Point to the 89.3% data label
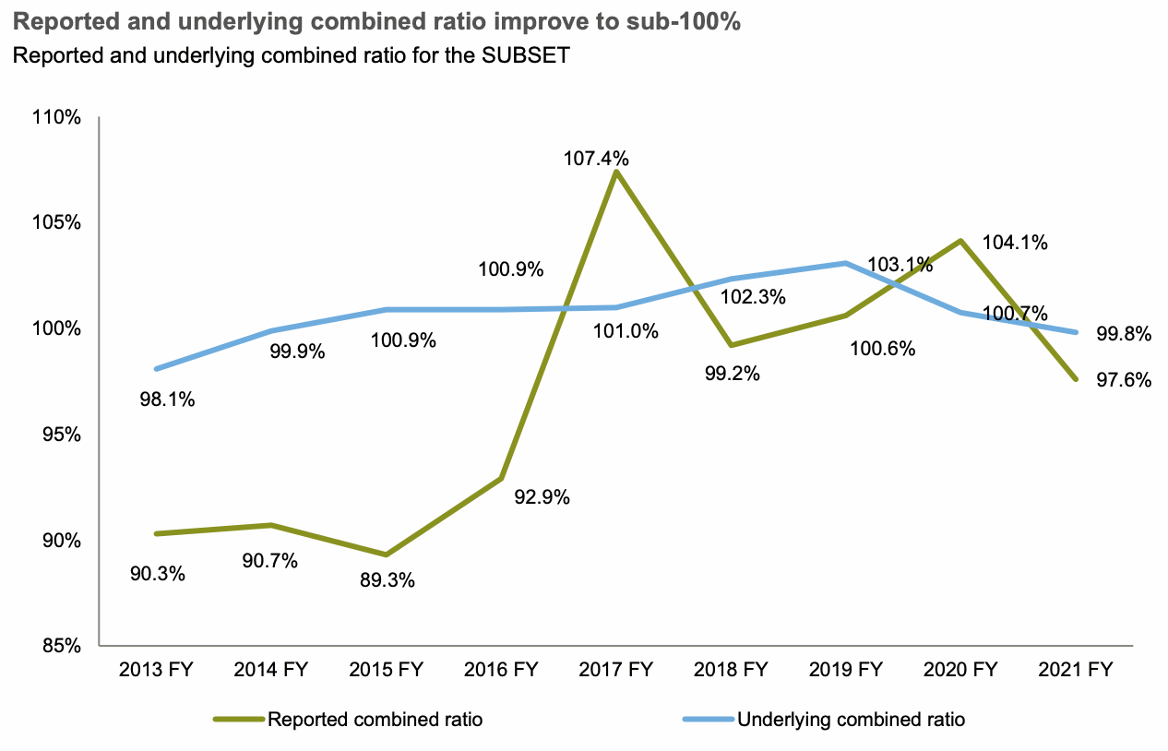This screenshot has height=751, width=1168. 387,581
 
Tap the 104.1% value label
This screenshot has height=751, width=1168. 1015,243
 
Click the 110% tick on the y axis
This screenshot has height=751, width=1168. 60,118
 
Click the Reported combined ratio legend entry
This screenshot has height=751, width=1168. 375,720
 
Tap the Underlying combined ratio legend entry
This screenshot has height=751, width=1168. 851,720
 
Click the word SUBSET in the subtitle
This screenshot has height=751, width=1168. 519,55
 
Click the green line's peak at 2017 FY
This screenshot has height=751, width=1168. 615,172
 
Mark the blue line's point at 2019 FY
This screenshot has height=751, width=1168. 845,263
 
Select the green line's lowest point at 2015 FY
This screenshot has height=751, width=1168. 386,554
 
